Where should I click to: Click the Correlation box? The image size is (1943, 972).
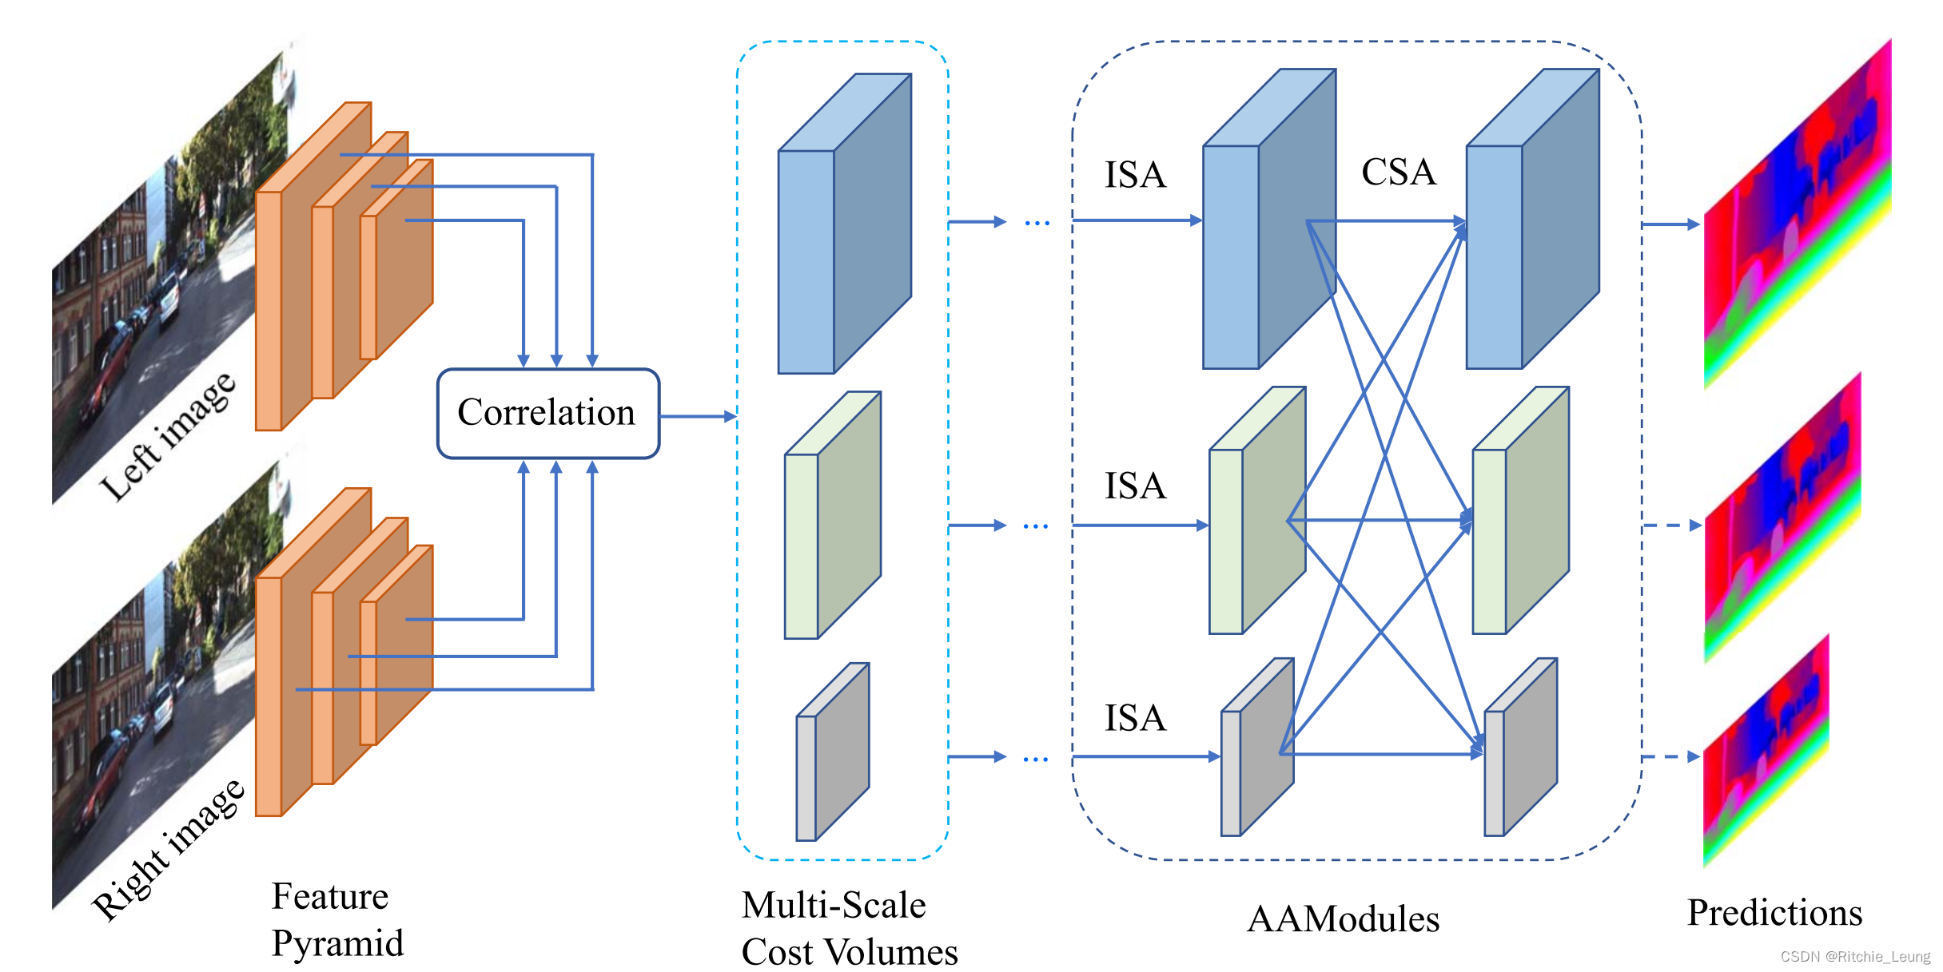pos(547,413)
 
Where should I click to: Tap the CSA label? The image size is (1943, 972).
pos(1398,172)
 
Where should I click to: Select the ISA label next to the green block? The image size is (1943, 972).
pos(1135,486)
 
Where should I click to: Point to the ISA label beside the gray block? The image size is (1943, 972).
pos(1135,718)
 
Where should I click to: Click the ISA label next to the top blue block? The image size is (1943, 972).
pos(1135,175)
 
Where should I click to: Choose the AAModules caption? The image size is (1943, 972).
pos(1343,918)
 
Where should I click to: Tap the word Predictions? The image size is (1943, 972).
pos(1774,912)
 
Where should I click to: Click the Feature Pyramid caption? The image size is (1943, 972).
pos(336,919)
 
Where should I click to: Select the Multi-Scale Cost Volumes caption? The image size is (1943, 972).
pos(849,928)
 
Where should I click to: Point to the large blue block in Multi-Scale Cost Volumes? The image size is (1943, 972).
pos(844,224)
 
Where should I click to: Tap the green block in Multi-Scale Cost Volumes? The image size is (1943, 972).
pos(832,515)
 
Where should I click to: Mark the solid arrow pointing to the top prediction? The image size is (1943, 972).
pos(1670,224)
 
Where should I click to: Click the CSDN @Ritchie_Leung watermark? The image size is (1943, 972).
pos(1854,956)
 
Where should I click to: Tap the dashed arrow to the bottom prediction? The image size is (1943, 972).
pos(1670,756)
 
